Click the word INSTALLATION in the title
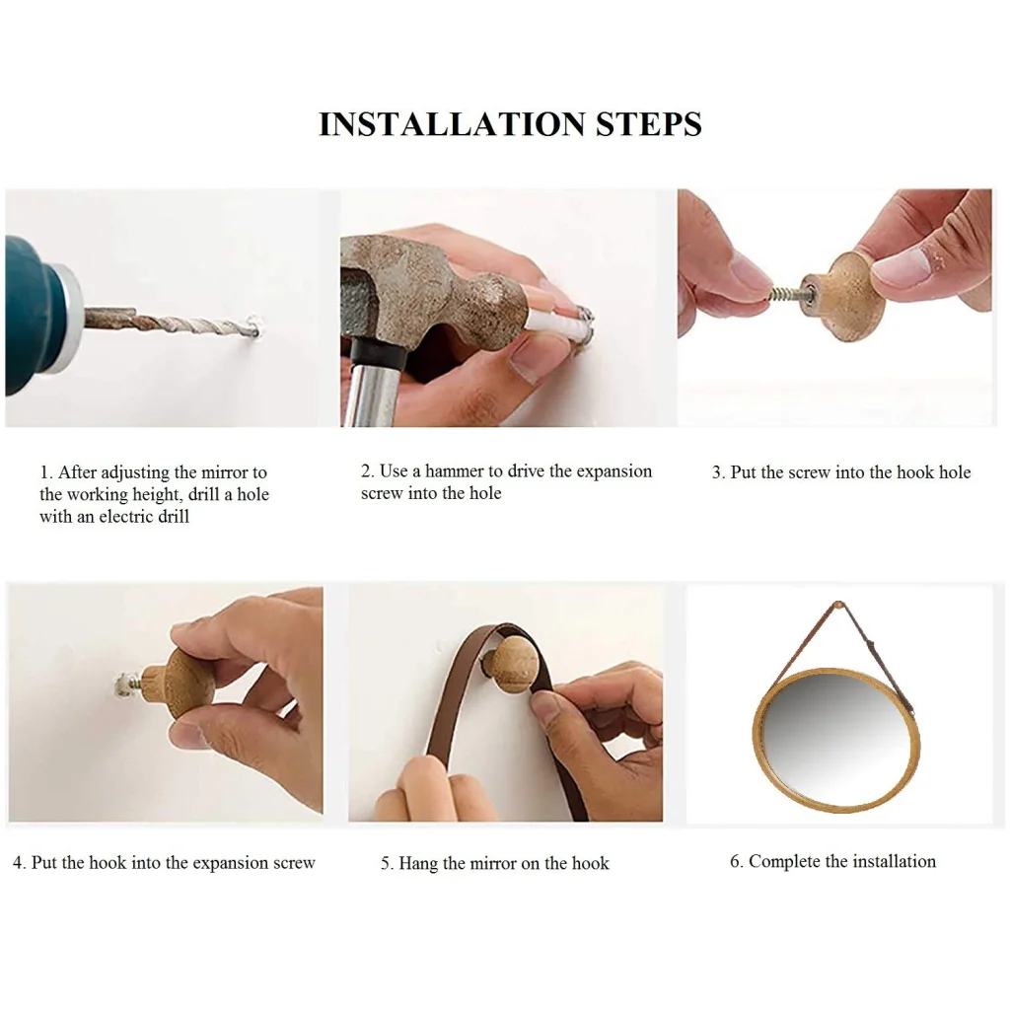pyautogui.click(x=452, y=123)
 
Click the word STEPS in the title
pyautogui.click(x=649, y=123)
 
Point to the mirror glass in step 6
pyautogui.click(x=836, y=740)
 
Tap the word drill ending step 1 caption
pyautogui.click(x=172, y=516)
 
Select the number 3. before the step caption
pyautogui.click(x=718, y=472)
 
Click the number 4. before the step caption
pyautogui.click(x=20, y=862)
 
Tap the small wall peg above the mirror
pyautogui.click(x=838, y=605)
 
